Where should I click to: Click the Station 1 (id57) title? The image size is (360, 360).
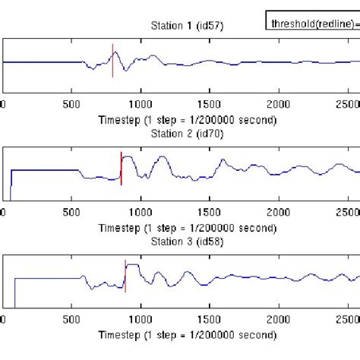(183, 26)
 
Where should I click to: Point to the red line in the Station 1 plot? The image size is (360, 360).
(112, 61)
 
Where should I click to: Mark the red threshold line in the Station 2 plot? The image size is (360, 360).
(121, 169)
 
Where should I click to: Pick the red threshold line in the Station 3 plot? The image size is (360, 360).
(125, 277)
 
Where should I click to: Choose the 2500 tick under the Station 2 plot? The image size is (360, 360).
(348, 217)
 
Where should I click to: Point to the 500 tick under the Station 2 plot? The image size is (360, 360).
(72, 217)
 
